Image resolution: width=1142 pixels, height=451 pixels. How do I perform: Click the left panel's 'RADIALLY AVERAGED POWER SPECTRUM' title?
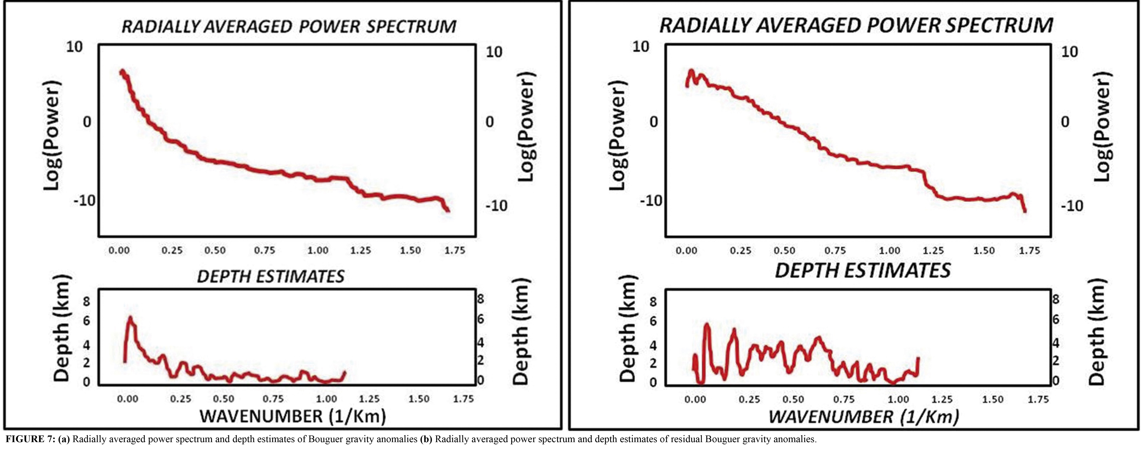coord(289,27)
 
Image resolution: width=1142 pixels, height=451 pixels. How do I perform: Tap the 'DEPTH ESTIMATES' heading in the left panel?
coord(270,277)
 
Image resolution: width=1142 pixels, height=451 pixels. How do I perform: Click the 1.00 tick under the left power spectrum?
coord(318,251)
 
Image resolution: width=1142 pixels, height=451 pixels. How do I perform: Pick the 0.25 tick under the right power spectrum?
coord(740,251)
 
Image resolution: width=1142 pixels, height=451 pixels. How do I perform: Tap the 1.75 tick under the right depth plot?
coord(1038,400)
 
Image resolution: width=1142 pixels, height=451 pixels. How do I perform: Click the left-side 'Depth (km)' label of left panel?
coord(62,328)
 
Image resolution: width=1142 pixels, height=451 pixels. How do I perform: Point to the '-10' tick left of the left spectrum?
coord(84,200)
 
